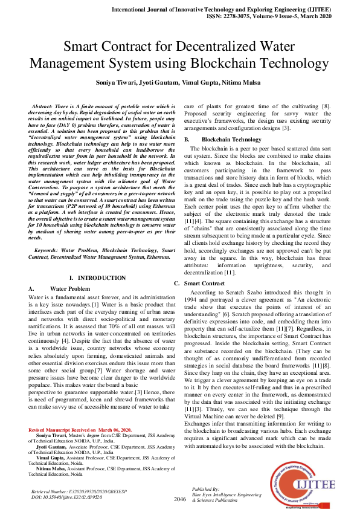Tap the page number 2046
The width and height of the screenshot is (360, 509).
pos(179,499)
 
